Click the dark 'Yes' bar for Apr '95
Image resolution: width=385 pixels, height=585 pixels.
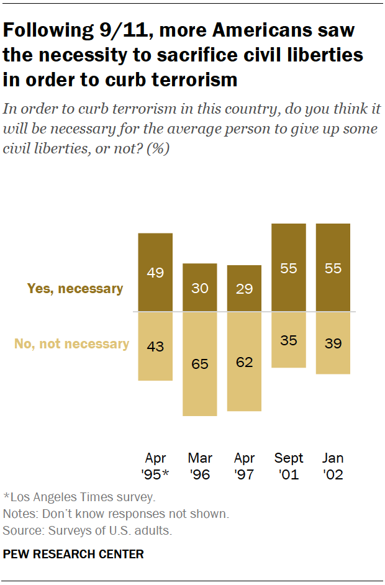155,272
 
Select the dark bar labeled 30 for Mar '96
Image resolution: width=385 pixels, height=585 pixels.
199,288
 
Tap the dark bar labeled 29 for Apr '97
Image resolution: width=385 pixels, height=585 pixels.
244,288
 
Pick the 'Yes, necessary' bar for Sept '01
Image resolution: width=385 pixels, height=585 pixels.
289,268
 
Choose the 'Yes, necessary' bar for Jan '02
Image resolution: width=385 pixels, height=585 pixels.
333,268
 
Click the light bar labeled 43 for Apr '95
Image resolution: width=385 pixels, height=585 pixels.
155,346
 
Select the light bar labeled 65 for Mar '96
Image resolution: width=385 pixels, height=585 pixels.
199,363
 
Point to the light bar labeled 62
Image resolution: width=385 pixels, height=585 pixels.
244,361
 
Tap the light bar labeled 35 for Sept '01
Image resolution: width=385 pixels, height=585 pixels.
289,340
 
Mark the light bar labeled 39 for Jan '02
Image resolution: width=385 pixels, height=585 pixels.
333,343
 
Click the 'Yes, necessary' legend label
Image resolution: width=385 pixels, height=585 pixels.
75,288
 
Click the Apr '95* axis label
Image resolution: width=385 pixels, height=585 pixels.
155,466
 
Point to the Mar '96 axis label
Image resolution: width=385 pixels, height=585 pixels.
199,466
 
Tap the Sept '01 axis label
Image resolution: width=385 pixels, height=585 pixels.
289,466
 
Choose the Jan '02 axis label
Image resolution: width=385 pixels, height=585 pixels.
333,466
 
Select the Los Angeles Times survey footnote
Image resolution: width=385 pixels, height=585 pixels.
79,497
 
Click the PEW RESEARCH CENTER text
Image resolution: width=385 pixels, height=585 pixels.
73,553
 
